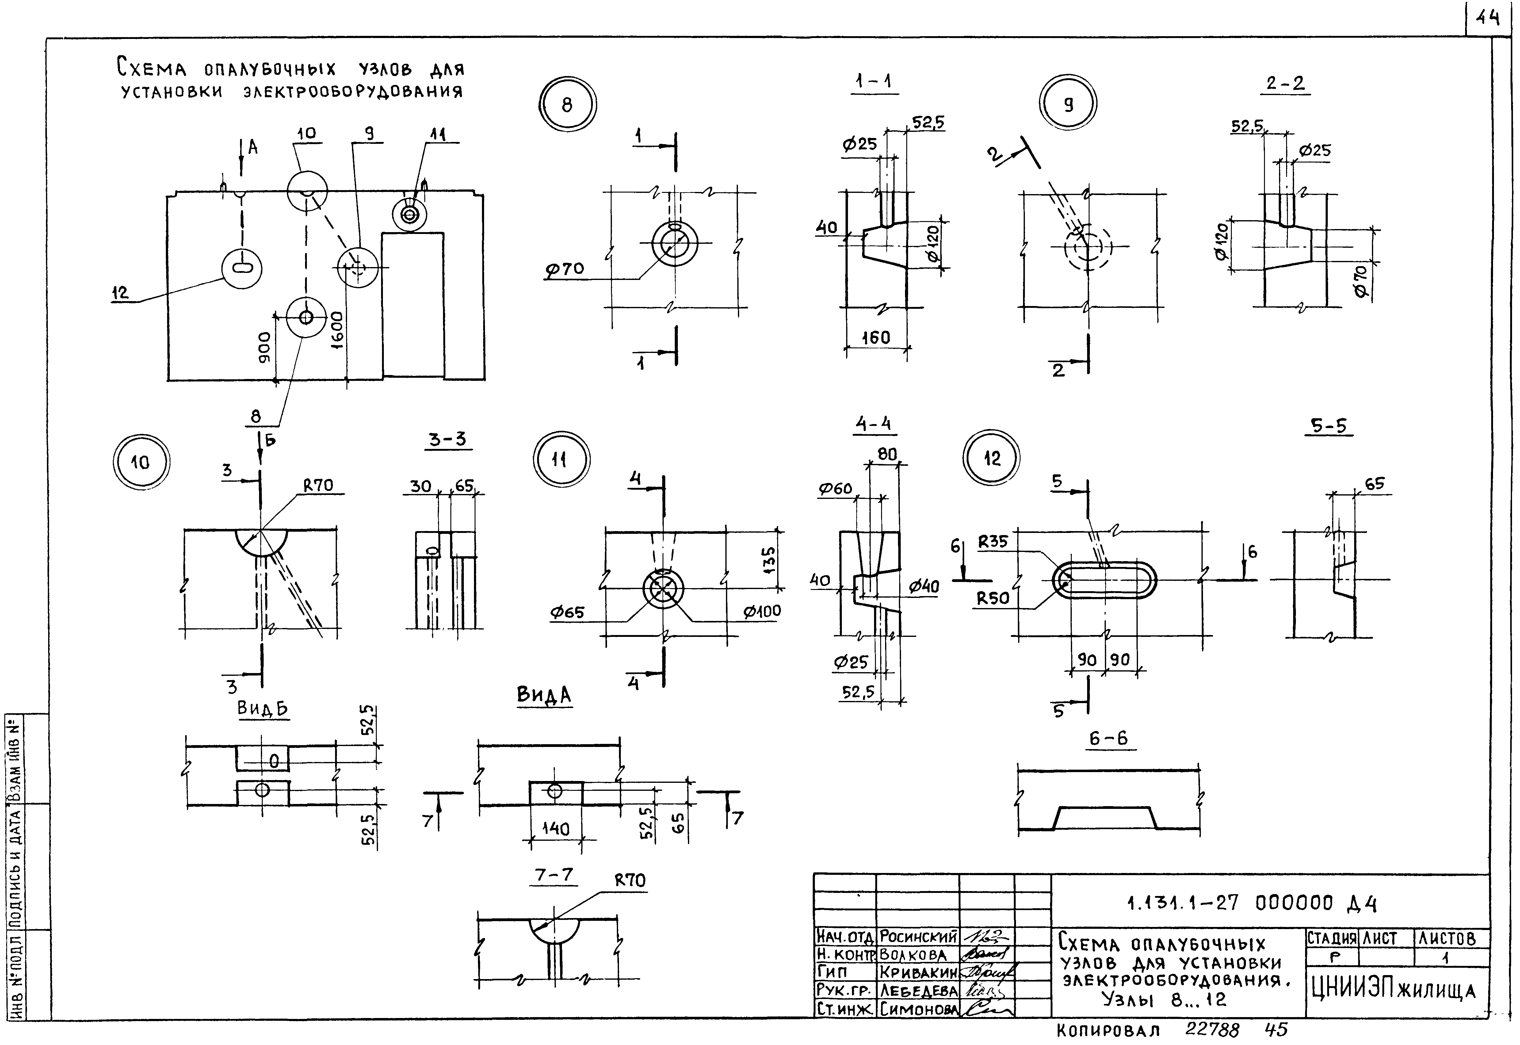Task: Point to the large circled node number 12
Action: tap(992, 458)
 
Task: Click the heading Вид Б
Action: tap(262, 708)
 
